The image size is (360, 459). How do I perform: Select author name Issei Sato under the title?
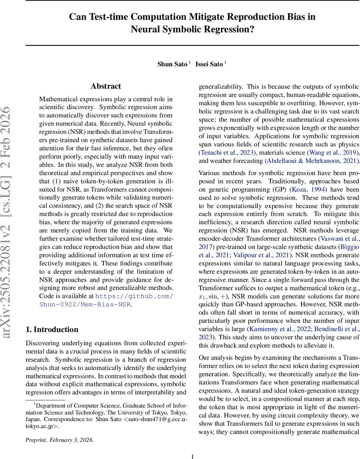[209, 64]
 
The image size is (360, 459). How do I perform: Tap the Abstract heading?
[106, 86]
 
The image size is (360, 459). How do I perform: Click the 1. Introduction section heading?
[52, 330]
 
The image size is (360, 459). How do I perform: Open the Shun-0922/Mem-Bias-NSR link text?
[85, 304]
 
